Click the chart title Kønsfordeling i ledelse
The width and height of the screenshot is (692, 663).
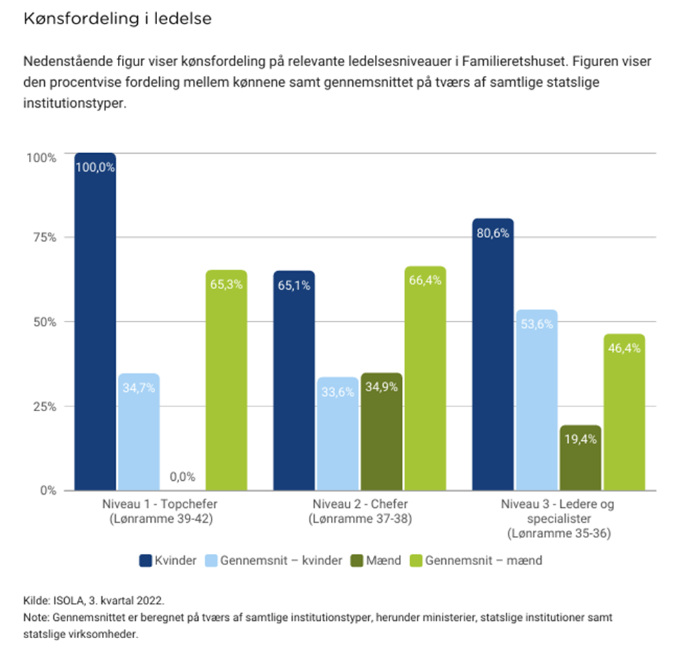[x=117, y=19]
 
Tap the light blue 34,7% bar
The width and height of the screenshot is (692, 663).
[x=139, y=432]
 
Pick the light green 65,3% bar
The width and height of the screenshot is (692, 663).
[x=226, y=380]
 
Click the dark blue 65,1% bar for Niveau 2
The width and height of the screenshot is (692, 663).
[x=294, y=380]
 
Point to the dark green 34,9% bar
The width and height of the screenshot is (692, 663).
[x=381, y=432]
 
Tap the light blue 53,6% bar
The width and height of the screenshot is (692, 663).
[x=536, y=400]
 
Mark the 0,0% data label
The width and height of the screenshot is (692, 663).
[x=182, y=477]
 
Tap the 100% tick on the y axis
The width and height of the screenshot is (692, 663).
[x=41, y=157]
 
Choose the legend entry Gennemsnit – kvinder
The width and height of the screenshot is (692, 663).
[x=280, y=560]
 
